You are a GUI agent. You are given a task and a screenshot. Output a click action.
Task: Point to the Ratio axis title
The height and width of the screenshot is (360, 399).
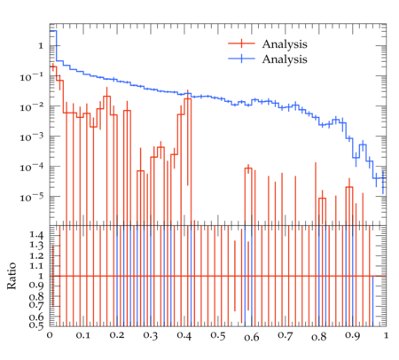tap(12, 276)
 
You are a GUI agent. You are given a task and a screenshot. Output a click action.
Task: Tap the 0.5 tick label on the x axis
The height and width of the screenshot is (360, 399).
tap(218, 336)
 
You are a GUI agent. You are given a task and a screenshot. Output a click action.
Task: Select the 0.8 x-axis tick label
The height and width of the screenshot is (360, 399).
tap(319, 336)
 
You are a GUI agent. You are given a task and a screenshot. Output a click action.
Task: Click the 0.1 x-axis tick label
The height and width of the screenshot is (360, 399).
tap(83, 336)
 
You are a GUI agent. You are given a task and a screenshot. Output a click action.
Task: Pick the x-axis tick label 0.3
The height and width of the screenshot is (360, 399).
tap(151, 336)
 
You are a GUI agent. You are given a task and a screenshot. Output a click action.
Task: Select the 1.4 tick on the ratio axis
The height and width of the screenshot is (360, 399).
tap(36, 235)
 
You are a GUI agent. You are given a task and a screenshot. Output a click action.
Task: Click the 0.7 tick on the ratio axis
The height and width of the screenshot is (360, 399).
tap(36, 304)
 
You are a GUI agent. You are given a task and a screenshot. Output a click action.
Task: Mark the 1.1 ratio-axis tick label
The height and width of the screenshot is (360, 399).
tap(36, 266)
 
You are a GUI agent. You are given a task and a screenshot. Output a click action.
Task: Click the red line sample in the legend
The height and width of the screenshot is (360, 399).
tap(241, 43)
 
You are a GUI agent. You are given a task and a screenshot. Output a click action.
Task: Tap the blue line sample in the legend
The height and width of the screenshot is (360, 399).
tap(241, 59)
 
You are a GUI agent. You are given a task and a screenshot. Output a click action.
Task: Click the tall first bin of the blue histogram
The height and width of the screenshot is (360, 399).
tap(53, 31)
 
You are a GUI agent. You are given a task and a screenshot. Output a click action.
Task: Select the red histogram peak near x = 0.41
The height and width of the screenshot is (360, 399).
tap(188, 99)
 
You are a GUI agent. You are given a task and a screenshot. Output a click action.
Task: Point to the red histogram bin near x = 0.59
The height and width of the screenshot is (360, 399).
tap(248, 168)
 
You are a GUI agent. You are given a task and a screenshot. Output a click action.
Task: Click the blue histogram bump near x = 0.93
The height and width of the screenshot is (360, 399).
tap(363, 145)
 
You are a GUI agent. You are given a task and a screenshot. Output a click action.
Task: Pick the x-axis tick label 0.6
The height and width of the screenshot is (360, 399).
tap(252, 336)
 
